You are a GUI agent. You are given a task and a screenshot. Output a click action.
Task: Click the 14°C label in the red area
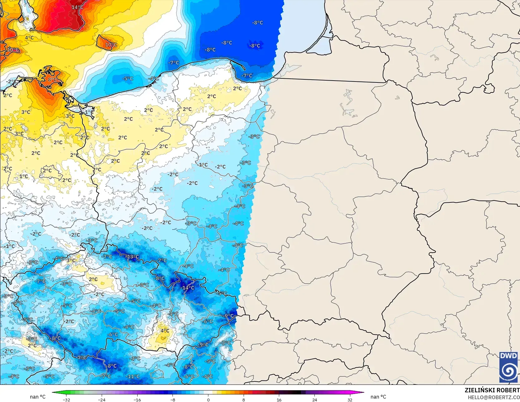coord(77,7)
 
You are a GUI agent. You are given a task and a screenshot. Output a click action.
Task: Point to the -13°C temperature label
coord(132,257)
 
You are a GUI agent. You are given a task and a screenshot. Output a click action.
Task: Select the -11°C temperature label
coord(133,376)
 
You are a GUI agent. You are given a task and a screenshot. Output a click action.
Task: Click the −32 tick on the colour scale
coord(66,400)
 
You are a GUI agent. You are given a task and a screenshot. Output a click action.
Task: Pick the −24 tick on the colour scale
coord(102,400)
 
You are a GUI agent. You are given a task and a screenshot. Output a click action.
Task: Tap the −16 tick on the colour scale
coord(137,400)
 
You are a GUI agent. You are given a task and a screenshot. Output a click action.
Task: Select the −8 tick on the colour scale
coord(173,400)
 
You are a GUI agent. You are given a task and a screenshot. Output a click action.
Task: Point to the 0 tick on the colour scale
coord(208,400)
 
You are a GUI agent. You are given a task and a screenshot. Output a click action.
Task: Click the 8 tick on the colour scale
coord(244,400)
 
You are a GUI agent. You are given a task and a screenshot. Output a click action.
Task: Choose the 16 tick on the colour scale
coord(279,400)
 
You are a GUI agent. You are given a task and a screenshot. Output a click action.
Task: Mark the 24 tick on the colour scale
coord(314,400)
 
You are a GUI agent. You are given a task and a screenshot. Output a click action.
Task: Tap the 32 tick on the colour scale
coord(350,400)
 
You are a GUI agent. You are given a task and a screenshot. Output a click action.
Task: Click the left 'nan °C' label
coord(38,397)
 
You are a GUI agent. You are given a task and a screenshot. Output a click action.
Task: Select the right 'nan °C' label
coord(378,397)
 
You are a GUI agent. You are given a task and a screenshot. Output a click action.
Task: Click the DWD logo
coord(508,367)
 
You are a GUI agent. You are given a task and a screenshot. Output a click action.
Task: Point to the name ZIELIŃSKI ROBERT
coord(492,390)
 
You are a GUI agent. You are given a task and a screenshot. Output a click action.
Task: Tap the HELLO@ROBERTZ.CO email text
coord(493,397)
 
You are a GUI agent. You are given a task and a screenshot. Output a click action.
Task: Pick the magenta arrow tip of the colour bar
coord(363,392)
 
